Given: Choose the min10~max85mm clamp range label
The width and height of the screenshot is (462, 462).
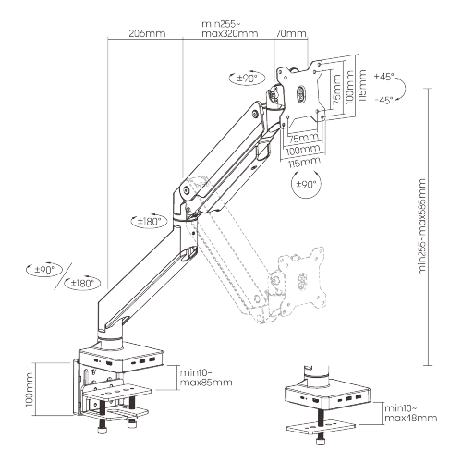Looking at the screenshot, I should pyautogui.click(x=205, y=375).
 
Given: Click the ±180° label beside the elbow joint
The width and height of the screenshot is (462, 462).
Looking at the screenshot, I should pyautogui.click(x=150, y=222).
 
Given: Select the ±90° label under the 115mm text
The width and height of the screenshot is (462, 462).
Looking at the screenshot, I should pyautogui.click(x=305, y=185).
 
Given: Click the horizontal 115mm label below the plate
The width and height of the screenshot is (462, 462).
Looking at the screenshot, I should pyautogui.click(x=301, y=161).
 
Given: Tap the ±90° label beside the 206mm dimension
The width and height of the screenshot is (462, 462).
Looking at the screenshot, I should pyautogui.click(x=43, y=270).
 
